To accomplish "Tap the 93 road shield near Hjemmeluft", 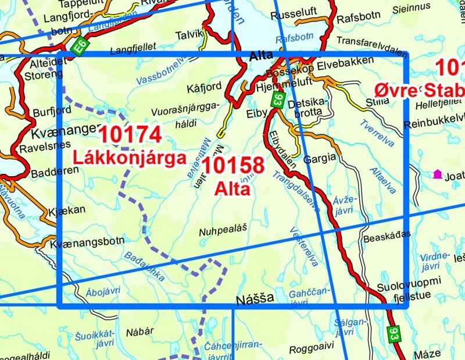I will coord(278,99).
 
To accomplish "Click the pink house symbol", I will coord(437,173).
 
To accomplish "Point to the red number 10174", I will coord(130,135).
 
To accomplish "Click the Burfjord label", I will coord(36,109).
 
